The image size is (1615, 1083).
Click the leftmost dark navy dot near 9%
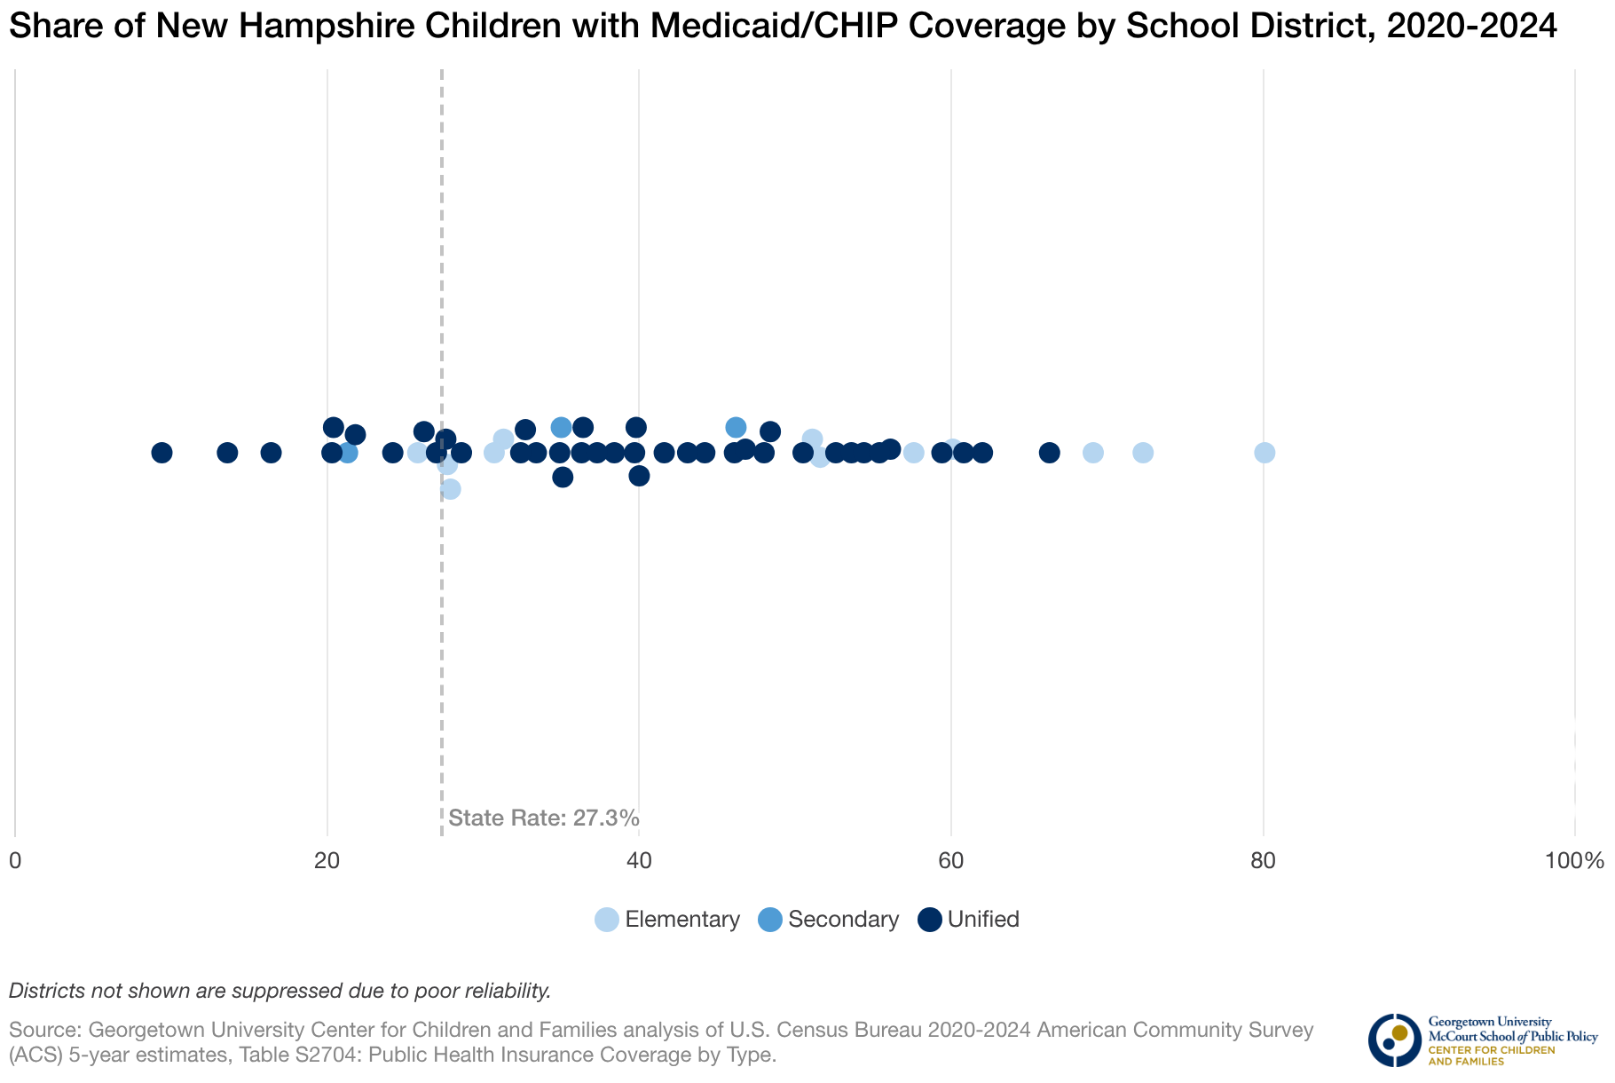tap(161, 453)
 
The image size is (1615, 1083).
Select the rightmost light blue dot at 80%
tap(1264, 453)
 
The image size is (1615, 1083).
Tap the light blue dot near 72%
tap(1143, 453)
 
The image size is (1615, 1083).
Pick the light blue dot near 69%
tap(1093, 453)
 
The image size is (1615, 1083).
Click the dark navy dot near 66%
tap(1050, 453)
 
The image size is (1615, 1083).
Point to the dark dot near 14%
tap(227, 453)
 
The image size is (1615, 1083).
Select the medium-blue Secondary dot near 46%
tap(736, 427)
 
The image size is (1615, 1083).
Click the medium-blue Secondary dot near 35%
tap(561, 427)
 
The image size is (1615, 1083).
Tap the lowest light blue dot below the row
tap(451, 489)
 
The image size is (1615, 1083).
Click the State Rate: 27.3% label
tap(543, 818)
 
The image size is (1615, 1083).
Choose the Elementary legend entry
tap(667, 920)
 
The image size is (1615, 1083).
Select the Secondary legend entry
tap(829, 920)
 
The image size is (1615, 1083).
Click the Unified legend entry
tap(969, 920)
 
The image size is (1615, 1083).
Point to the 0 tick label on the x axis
tap(15, 860)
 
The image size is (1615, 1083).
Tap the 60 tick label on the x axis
tap(950, 860)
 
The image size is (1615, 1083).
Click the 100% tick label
tap(1574, 860)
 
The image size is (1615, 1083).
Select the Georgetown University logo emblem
tap(1394, 1040)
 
